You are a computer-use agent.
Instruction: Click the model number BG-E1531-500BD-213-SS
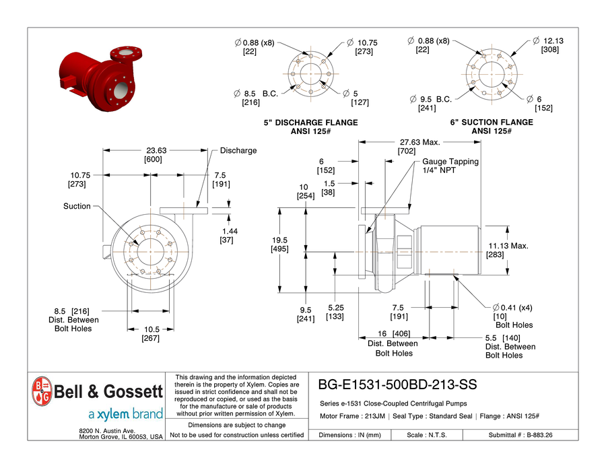tap(397, 385)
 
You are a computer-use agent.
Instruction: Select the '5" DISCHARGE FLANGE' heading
tap(310, 123)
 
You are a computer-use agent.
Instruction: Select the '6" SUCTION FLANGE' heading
tap(491, 123)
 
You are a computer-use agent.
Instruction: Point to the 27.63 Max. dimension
tap(419, 143)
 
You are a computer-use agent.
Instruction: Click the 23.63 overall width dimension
tap(153, 151)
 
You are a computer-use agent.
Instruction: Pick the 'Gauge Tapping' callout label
tap(450, 162)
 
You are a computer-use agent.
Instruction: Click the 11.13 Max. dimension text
tap(508, 246)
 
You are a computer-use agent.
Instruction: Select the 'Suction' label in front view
tap(77, 206)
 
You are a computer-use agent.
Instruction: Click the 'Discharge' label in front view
tap(238, 151)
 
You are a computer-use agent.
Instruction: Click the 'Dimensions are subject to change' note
tap(236, 425)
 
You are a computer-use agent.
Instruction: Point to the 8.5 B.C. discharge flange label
tap(255, 93)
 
